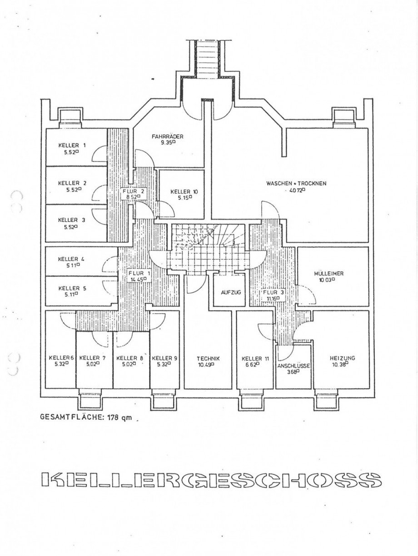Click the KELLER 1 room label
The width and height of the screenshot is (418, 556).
pyautogui.click(x=72, y=145)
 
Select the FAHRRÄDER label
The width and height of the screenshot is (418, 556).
pyautogui.click(x=168, y=136)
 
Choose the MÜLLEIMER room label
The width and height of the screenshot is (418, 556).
pyautogui.click(x=328, y=274)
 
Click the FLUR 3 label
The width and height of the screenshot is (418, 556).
pyautogui.click(x=273, y=292)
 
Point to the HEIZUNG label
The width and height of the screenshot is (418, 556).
pyautogui.click(x=342, y=358)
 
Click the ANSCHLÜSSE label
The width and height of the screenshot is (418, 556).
pyautogui.click(x=294, y=366)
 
